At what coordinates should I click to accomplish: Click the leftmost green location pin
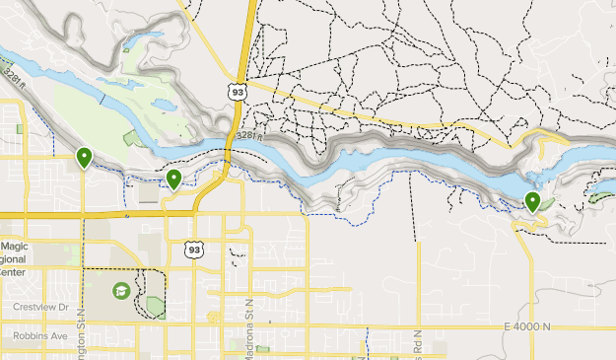pos(84,157)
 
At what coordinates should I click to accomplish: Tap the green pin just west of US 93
pos(173,179)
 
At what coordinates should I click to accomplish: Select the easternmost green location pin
pos(532,202)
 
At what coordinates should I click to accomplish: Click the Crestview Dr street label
pos(42,307)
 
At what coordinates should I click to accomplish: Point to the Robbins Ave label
pos(39,335)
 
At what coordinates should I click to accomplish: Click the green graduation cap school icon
pos(120,291)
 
